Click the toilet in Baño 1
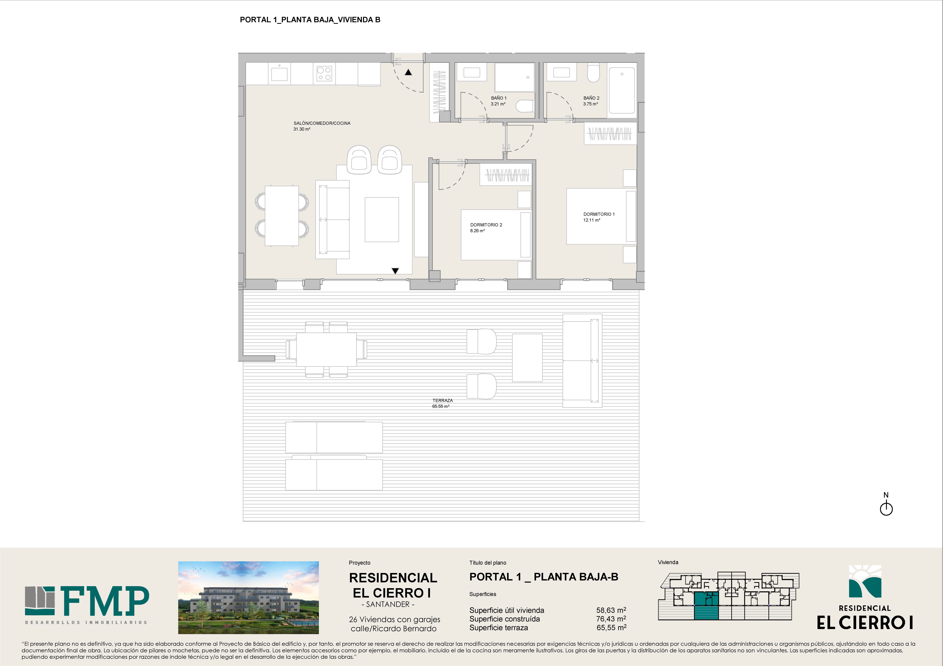(525, 106)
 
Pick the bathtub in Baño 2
(622, 90)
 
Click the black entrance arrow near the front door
(408, 72)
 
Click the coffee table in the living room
(382, 220)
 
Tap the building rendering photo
(248, 597)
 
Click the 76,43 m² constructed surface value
(611, 619)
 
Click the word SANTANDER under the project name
(388, 604)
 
